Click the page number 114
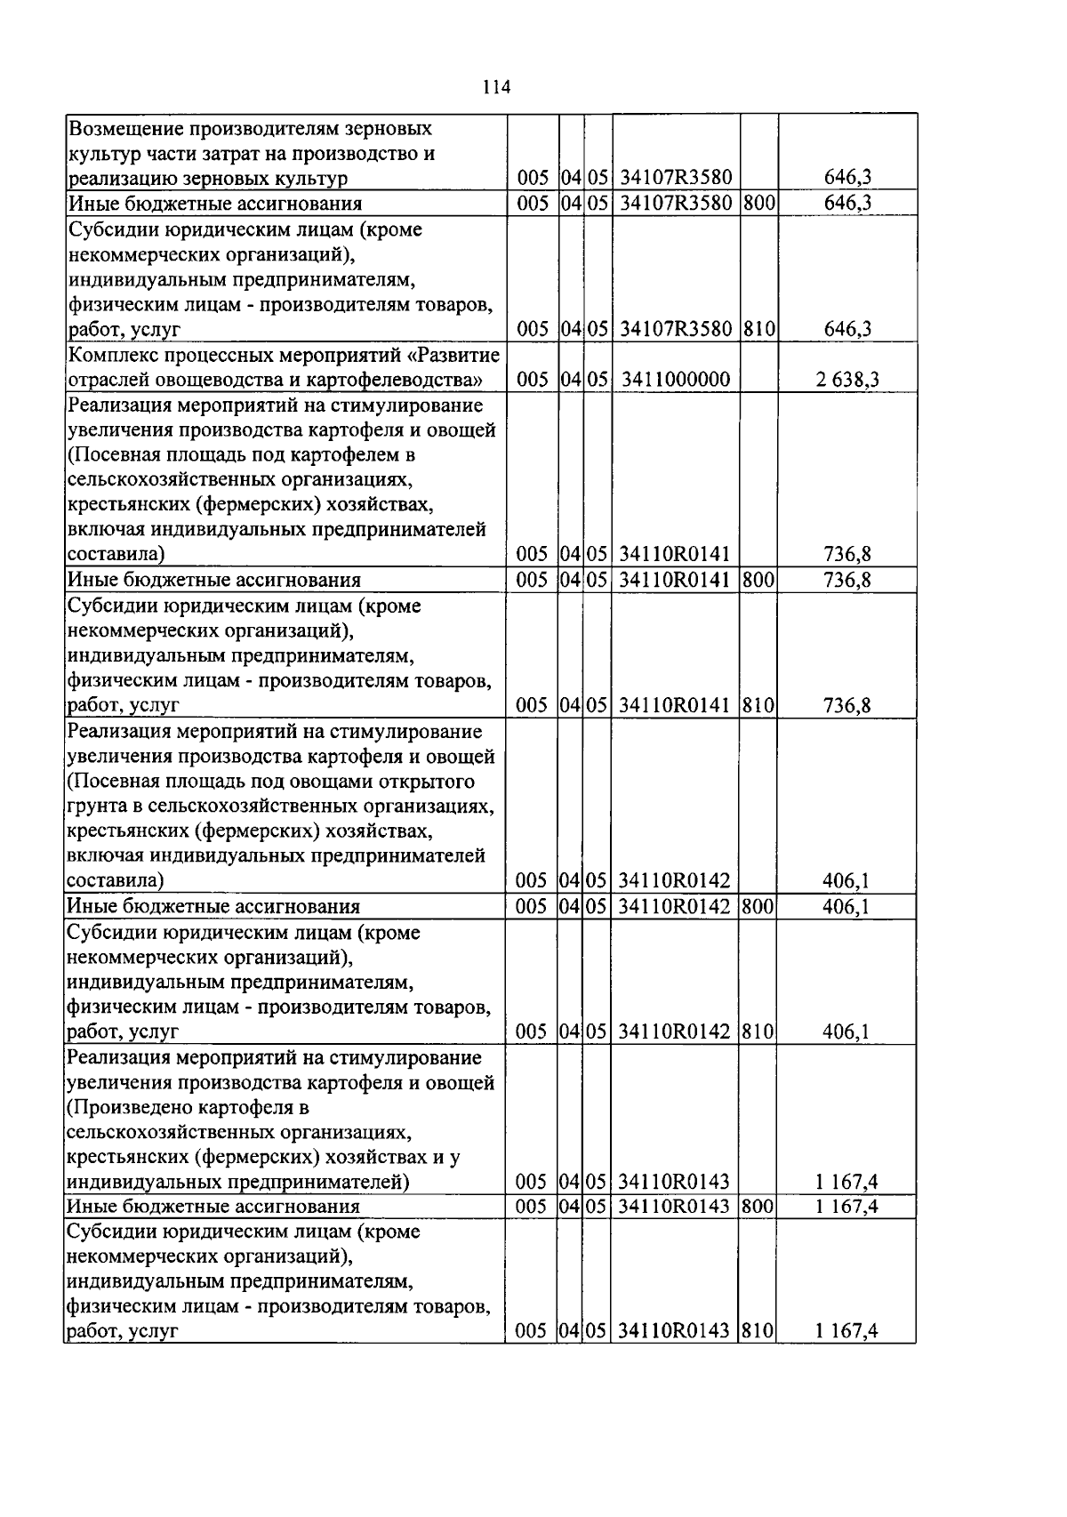(495, 87)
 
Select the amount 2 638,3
(847, 381)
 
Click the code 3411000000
(676, 381)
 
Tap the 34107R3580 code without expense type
(676, 179)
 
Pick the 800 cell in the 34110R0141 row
(758, 581)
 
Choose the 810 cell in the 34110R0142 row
(758, 1032)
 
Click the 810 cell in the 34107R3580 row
(758, 330)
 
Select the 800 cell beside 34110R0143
(758, 1207)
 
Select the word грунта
(93, 807)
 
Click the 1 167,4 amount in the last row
(846, 1332)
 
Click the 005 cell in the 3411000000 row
(532, 381)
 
